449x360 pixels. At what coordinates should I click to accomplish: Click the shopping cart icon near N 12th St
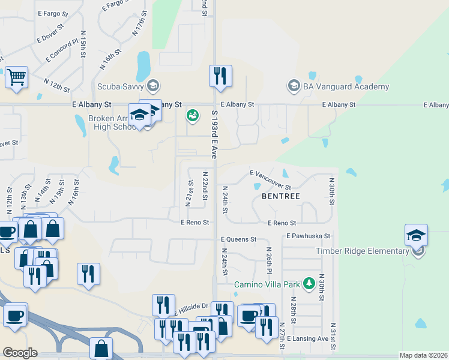coord(17,77)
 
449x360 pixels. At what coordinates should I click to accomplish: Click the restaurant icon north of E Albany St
coord(220,76)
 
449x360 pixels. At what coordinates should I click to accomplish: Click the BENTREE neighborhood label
coord(280,196)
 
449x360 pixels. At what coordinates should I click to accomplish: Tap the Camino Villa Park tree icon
coord(309,283)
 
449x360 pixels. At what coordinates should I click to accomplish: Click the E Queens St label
coord(238,239)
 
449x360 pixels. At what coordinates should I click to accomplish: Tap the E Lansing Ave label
coord(308,339)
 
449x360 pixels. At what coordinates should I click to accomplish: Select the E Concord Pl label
coord(62,50)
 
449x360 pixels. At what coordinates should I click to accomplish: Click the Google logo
coord(20,353)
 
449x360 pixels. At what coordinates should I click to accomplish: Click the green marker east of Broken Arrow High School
coord(192,115)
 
